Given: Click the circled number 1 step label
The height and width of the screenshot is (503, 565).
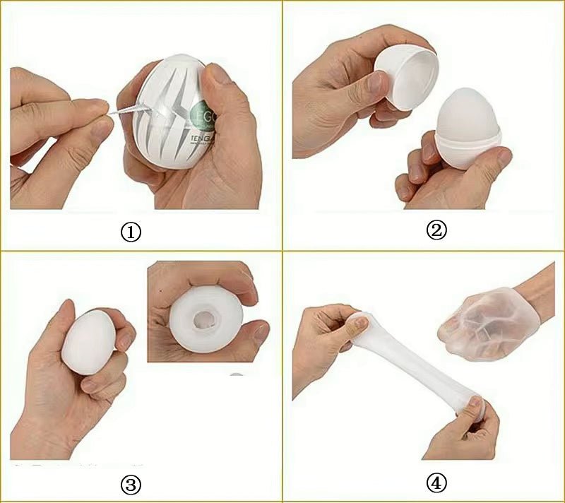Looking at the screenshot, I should pyautogui.click(x=131, y=232).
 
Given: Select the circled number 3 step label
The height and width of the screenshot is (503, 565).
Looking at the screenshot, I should pyautogui.click(x=131, y=484).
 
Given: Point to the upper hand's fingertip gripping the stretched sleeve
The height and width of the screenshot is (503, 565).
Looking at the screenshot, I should pyautogui.click(x=359, y=324).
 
